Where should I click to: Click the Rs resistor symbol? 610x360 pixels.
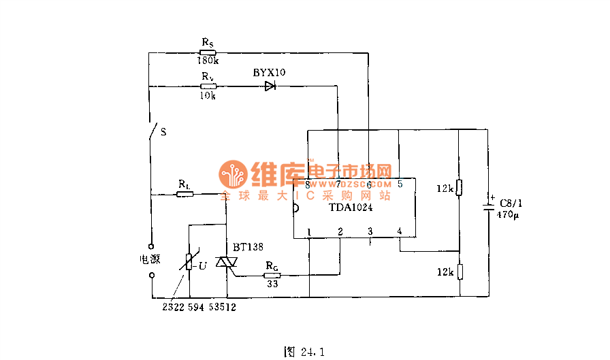click(x=208, y=52)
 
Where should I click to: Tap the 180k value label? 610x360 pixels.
click(x=208, y=61)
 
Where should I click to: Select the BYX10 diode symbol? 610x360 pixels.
click(x=270, y=86)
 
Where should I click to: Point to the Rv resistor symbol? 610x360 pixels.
click(x=208, y=86)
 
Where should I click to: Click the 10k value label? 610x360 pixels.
click(x=208, y=96)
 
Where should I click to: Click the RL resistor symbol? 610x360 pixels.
click(x=184, y=195)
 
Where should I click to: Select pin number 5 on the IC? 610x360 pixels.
click(x=400, y=184)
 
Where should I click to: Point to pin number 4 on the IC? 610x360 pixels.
click(x=400, y=231)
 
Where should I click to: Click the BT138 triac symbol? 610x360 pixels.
click(x=224, y=263)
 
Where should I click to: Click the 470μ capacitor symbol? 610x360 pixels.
click(x=488, y=207)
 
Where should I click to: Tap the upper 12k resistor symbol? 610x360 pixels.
click(x=460, y=188)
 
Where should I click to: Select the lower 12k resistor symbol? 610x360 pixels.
click(x=460, y=272)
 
